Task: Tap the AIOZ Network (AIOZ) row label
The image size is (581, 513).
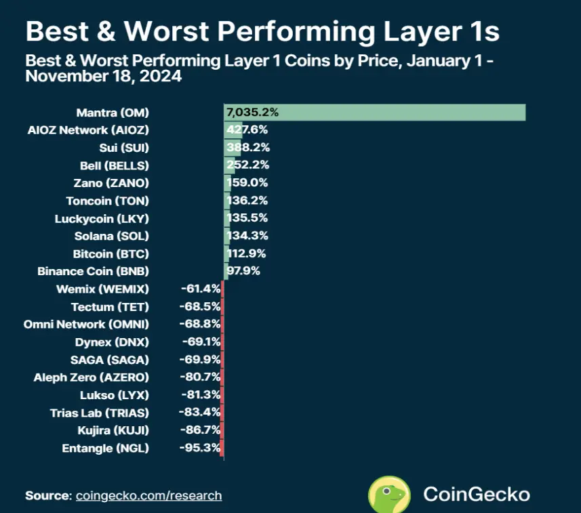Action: point(102,130)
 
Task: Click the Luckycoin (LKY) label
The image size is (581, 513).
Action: point(102,218)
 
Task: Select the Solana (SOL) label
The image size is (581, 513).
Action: point(111,236)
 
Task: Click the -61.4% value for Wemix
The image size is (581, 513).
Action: point(197,289)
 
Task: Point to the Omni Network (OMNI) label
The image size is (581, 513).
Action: point(86,324)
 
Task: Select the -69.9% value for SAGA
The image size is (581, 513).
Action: point(197,359)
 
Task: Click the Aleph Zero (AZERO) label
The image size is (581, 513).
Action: point(91,377)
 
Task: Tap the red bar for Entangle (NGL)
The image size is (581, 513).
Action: point(222,447)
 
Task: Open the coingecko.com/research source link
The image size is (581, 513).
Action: point(148,495)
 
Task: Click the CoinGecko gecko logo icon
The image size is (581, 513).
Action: point(388,494)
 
